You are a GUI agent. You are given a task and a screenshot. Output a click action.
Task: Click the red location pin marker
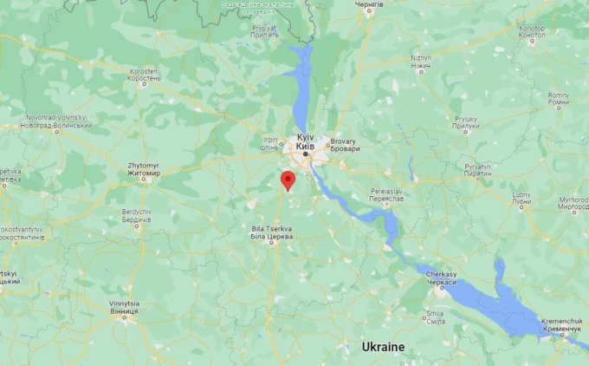pos(288,180)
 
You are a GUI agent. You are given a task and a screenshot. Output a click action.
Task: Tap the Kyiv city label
pos(305,142)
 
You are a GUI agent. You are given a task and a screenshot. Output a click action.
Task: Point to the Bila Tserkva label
pos(270,232)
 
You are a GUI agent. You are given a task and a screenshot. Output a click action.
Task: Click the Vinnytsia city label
pos(124,307)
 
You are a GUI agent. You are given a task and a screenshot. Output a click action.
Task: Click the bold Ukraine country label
pos(382,347)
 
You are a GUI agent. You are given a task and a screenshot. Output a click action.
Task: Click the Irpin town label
pos(269,142)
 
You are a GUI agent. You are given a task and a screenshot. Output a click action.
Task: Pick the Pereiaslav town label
pos(386,194)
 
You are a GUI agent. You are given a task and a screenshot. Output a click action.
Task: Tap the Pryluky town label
pos(465,122)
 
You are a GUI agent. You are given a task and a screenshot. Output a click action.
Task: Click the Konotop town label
pos(532,31)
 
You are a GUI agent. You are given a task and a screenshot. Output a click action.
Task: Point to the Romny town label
pos(559,98)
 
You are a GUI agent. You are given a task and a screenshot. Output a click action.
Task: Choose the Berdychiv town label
pos(137,216)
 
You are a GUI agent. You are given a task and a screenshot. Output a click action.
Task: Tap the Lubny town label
pos(521,199)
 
